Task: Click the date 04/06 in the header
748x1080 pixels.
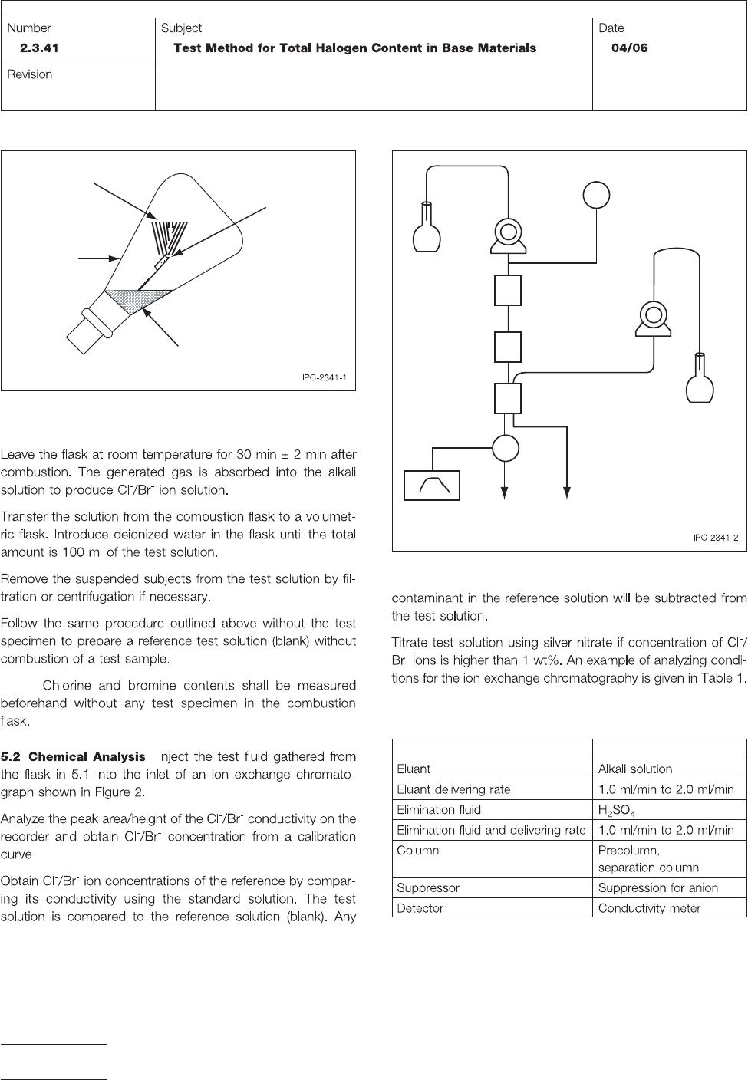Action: tap(629, 48)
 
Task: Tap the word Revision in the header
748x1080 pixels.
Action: tap(30, 74)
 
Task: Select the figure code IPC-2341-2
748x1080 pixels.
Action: tap(715, 538)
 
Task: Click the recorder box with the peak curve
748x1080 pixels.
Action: tap(432, 485)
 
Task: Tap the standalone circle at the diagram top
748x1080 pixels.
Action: tap(596, 194)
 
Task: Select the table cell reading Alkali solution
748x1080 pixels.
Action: tap(635, 769)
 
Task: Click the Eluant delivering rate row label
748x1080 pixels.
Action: tap(453, 789)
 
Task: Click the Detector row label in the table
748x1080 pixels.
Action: tap(420, 907)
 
